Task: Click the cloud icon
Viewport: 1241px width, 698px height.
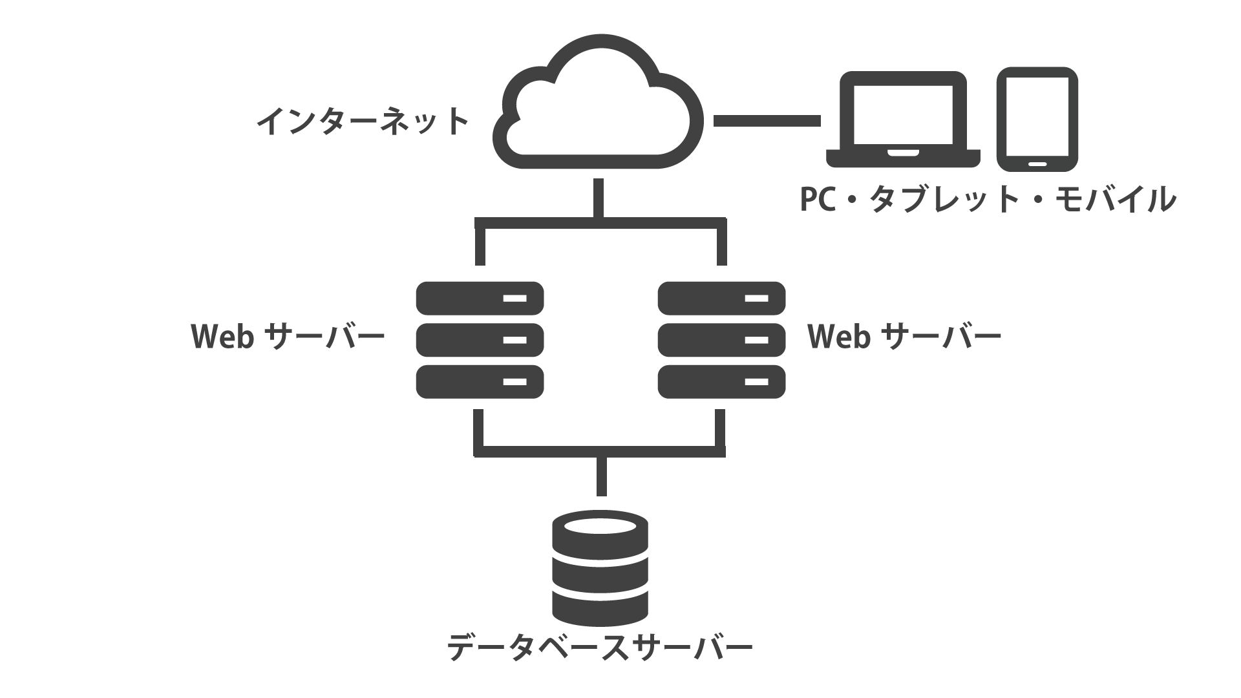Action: point(598,103)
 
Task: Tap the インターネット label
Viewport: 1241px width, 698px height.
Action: point(363,122)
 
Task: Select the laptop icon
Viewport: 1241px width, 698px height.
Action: point(903,120)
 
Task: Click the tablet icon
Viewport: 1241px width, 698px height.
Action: point(1037,119)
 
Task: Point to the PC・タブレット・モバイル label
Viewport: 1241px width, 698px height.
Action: point(987,199)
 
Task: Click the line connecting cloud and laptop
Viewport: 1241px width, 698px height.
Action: point(767,121)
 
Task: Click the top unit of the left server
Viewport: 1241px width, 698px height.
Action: point(480,298)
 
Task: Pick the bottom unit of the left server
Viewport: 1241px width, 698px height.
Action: point(480,381)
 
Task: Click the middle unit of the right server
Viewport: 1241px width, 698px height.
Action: point(721,340)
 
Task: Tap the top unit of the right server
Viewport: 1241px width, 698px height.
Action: point(721,298)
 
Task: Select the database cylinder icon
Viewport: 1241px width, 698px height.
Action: point(600,569)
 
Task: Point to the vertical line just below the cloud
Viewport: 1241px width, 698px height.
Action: point(599,197)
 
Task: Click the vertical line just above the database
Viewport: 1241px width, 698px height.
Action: point(601,476)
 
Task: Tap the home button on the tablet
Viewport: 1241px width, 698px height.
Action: point(1037,164)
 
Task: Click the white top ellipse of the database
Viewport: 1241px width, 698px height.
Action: point(600,525)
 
